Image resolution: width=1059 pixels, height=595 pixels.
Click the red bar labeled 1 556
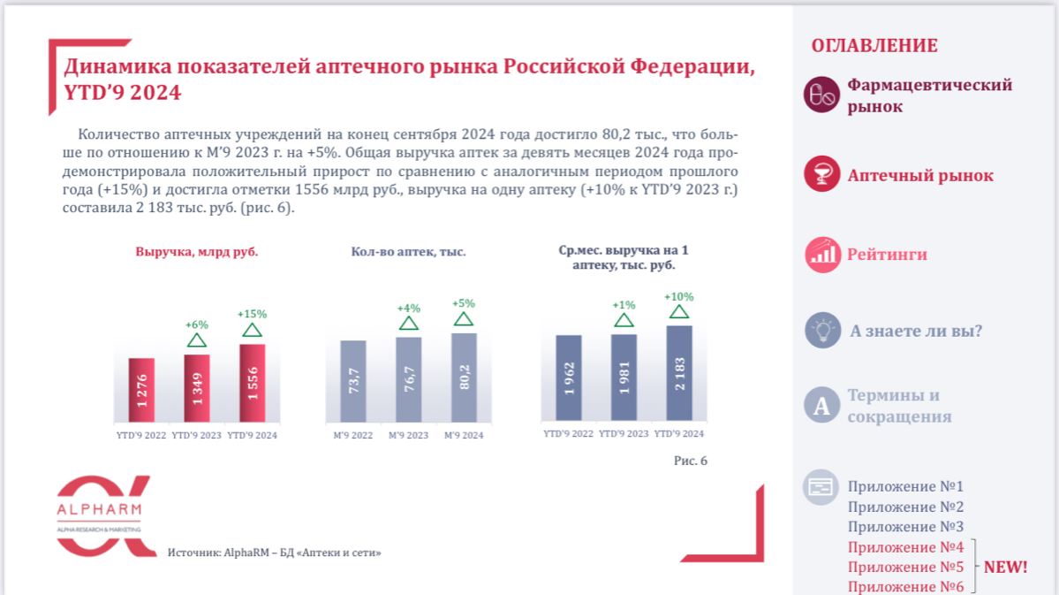click(x=252, y=383)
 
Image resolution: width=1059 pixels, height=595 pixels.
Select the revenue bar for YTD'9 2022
click(x=141, y=390)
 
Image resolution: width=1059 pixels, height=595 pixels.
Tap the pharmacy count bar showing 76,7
click(x=408, y=379)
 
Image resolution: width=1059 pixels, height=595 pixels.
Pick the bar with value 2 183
click(x=678, y=372)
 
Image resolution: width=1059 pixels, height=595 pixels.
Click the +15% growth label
click(x=252, y=314)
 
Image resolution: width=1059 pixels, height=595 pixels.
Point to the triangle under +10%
click(x=678, y=311)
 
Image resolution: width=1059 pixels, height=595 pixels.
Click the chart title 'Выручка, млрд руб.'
click(x=197, y=252)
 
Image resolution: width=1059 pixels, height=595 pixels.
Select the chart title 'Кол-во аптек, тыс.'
click(x=408, y=252)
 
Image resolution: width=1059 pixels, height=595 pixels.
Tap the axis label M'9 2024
click(x=464, y=435)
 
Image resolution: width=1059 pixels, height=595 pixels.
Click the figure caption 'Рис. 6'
click(x=690, y=461)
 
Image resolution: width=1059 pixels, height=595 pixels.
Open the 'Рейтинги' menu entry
click(x=887, y=255)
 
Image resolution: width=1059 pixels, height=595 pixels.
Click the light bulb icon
click(x=822, y=331)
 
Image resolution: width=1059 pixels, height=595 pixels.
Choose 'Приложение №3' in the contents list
click(x=905, y=527)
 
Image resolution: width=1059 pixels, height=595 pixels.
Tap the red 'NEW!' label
click(x=1005, y=567)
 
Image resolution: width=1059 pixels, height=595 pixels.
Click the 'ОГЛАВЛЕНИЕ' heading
click(x=874, y=46)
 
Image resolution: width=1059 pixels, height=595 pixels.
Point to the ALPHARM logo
click(x=99, y=516)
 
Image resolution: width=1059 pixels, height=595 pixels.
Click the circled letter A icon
click(x=822, y=406)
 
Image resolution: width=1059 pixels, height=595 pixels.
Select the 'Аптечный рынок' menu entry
click(x=919, y=176)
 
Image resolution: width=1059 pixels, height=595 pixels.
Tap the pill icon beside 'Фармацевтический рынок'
click(x=821, y=95)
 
